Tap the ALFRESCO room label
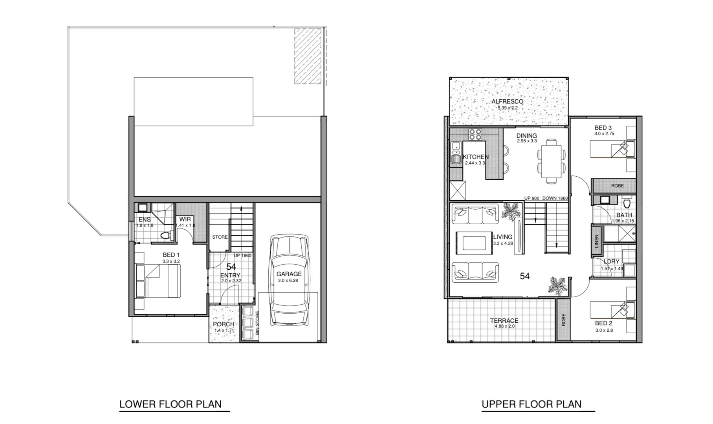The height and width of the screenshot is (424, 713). (x=507, y=102)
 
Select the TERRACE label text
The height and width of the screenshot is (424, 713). (x=504, y=321)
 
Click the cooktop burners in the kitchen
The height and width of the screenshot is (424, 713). (x=475, y=135)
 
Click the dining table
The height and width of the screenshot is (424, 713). (x=551, y=161)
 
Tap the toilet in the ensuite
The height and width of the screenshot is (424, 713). (x=166, y=236)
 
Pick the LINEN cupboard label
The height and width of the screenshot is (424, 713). (x=596, y=241)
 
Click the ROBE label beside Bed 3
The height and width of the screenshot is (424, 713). (x=617, y=186)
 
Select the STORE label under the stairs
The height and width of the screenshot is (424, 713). (x=220, y=237)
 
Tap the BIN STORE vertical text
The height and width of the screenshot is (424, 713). (x=258, y=323)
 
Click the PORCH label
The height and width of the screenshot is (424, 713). (x=224, y=324)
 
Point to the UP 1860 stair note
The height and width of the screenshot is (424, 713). (x=242, y=256)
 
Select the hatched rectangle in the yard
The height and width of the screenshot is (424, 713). (x=308, y=56)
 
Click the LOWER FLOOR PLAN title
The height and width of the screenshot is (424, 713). (x=170, y=404)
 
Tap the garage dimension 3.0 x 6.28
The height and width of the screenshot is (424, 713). (x=288, y=281)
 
